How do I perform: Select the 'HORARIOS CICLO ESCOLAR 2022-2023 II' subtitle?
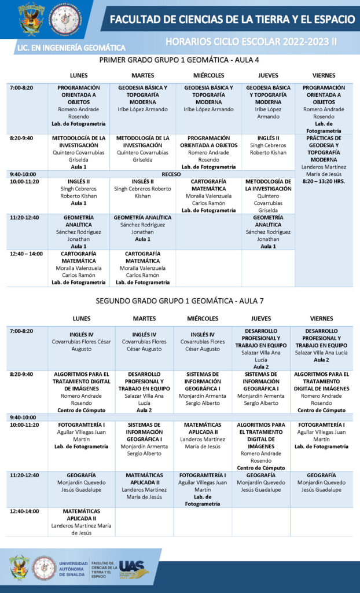tap(251, 42)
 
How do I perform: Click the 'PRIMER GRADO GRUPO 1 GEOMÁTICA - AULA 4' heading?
tap(179, 60)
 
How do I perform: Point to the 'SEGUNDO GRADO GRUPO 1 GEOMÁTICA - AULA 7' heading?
tap(179, 301)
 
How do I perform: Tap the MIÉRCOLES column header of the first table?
tap(208, 76)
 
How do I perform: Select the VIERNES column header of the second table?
tap(322, 319)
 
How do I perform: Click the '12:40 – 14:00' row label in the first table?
tap(26, 254)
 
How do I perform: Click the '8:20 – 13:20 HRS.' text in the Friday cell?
tap(324, 181)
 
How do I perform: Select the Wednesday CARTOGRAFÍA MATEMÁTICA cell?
tap(208, 196)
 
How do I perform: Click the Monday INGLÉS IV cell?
tap(82, 342)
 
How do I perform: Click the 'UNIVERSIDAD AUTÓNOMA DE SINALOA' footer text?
tap(74, 570)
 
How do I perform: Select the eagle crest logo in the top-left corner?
tap(31, 19)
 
